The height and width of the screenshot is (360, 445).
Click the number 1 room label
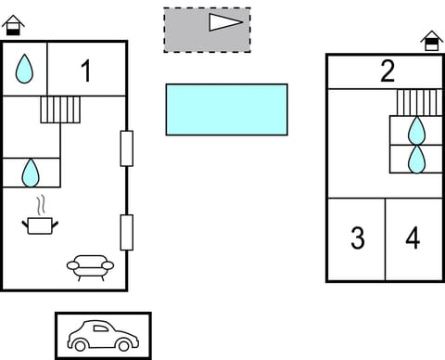(86, 71)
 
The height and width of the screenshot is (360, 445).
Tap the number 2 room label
(388, 71)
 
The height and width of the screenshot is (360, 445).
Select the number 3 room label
(357, 238)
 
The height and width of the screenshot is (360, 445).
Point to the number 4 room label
(413, 238)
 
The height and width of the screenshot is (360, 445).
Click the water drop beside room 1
(24, 68)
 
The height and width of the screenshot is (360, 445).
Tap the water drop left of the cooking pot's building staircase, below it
(31, 172)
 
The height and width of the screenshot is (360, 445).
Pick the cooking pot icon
(41, 225)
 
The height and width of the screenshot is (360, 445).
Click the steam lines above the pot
(41, 204)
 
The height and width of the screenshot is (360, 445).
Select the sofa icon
(90, 268)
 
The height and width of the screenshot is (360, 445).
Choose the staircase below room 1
(61, 110)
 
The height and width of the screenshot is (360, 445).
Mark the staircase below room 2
(417, 101)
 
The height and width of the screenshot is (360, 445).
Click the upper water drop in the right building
(417, 130)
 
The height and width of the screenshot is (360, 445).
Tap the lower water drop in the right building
(417, 159)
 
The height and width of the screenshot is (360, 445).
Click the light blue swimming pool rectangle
(226, 109)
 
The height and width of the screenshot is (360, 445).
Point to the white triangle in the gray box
(225, 22)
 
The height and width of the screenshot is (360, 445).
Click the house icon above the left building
(13, 24)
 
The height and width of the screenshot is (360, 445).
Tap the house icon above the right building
(431, 40)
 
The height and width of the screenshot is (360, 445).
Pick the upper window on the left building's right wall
(127, 148)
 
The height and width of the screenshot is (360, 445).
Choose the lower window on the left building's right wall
(127, 232)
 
